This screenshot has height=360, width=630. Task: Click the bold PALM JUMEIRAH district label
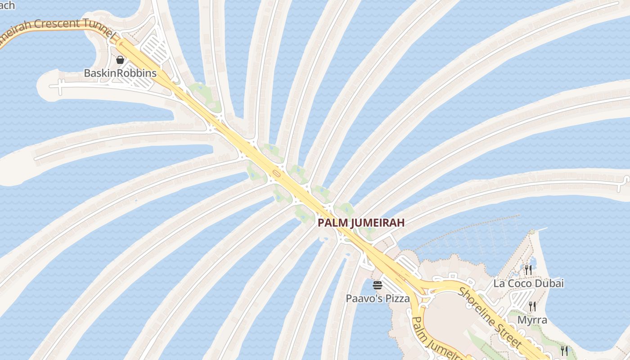(x=361, y=222)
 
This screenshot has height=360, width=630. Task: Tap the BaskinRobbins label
(x=120, y=73)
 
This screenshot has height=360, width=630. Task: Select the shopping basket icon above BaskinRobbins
(x=120, y=59)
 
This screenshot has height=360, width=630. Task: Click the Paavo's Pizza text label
(x=378, y=298)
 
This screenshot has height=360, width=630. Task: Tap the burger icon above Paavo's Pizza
(x=378, y=285)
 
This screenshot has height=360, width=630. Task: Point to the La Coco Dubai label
(x=528, y=283)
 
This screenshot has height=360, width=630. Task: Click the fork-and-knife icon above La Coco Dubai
(x=528, y=270)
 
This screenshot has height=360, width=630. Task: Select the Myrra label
(x=532, y=320)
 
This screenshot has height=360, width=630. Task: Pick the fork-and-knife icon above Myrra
(x=532, y=306)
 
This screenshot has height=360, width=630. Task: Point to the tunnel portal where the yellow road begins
(x=120, y=44)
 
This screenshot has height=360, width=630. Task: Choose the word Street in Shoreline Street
(x=508, y=334)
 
